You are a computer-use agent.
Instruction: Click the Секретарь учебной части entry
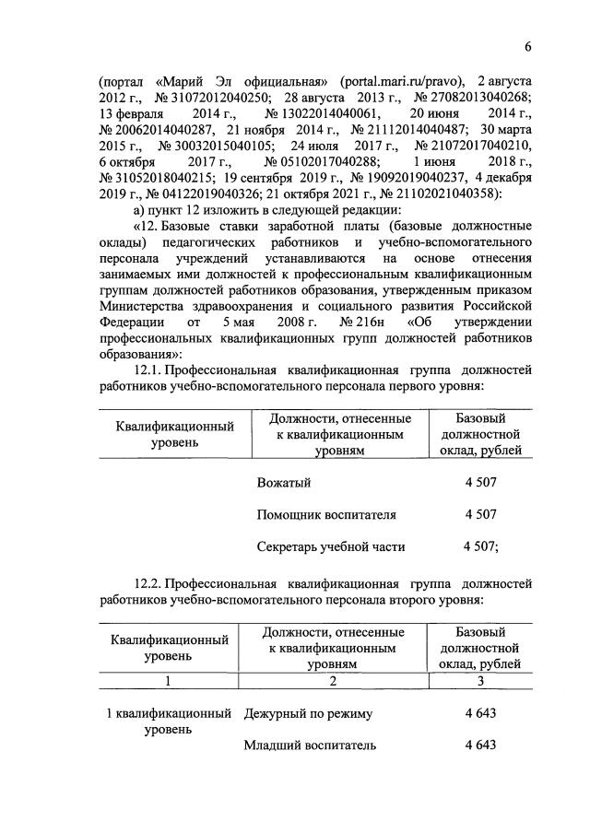coord(331,546)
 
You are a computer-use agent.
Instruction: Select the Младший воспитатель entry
coord(310,745)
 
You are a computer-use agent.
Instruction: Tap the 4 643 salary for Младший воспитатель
coord(481,745)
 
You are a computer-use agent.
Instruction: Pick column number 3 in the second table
coord(480,683)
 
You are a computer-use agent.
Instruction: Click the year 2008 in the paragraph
coord(281,323)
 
